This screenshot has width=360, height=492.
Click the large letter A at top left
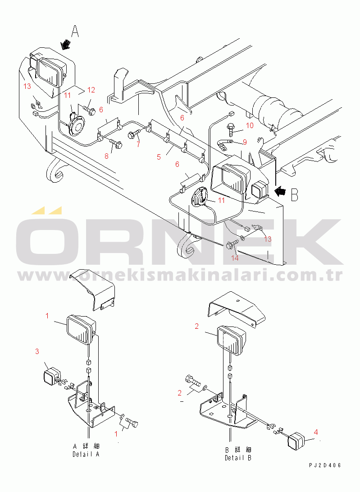coord(75,32)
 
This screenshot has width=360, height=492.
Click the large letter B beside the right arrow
coord(295,194)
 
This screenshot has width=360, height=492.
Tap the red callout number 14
coord(235,258)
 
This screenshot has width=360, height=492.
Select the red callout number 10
coord(250,125)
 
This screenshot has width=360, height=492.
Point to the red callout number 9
coord(245,142)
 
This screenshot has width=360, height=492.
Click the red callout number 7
coord(138,145)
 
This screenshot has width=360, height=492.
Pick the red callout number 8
coord(107,156)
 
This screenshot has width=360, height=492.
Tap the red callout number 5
coord(159,157)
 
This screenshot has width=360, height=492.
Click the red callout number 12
coord(91,90)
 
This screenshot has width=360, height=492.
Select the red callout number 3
coord(37,351)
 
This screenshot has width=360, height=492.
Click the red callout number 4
coord(316,432)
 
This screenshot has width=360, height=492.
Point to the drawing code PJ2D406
coord(325,465)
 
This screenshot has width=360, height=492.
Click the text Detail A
coord(86,454)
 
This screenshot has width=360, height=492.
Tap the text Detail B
coord(238,458)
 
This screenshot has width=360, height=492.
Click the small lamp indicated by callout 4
coord(296,439)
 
